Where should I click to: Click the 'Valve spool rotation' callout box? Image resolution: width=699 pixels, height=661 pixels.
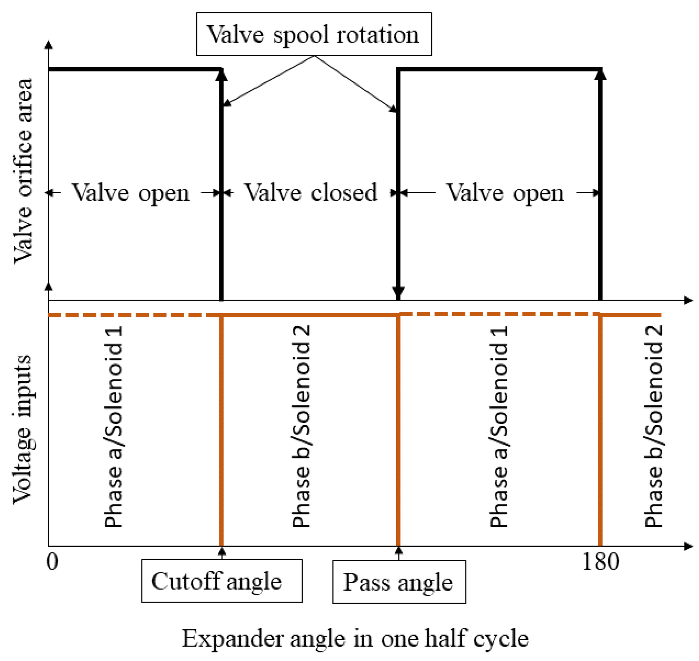point(314,34)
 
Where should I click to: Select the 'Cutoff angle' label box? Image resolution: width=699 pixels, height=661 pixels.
point(222,581)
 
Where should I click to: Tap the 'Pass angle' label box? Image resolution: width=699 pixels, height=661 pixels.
point(399,582)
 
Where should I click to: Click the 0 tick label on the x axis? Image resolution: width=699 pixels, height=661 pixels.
point(53,561)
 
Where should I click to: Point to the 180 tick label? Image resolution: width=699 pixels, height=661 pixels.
point(600,561)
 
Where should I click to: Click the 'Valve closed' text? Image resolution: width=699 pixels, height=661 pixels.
point(311,193)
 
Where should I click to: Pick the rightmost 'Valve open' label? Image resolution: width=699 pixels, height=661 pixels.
point(505,193)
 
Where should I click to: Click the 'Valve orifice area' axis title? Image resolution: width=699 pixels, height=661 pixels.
point(23,171)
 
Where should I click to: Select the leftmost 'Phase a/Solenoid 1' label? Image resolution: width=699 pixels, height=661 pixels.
point(113,427)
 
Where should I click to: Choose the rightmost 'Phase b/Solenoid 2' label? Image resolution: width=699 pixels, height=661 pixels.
point(653,427)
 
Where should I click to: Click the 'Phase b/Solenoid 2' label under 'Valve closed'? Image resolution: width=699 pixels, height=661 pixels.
point(301,427)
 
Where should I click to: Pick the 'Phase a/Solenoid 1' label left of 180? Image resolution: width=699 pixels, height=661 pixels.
point(498,427)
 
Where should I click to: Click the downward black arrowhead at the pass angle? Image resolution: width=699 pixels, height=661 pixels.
point(398,292)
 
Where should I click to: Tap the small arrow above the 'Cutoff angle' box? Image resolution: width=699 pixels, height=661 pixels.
point(222,552)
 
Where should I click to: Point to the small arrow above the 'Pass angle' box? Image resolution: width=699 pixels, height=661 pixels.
point(399,552)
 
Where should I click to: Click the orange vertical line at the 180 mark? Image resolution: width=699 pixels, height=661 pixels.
point(600,428)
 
